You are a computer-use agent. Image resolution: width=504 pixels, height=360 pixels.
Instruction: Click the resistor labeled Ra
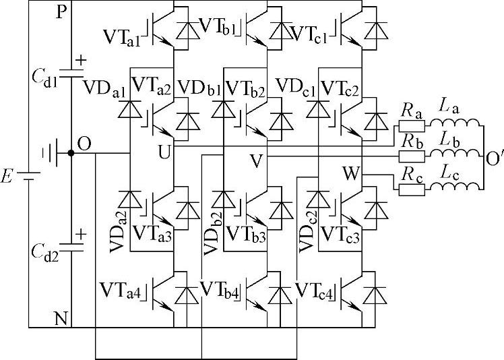(410, 126)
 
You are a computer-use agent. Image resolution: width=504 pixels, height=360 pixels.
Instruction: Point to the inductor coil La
(456, 126)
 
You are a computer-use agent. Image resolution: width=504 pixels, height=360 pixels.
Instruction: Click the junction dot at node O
(71, 154)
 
